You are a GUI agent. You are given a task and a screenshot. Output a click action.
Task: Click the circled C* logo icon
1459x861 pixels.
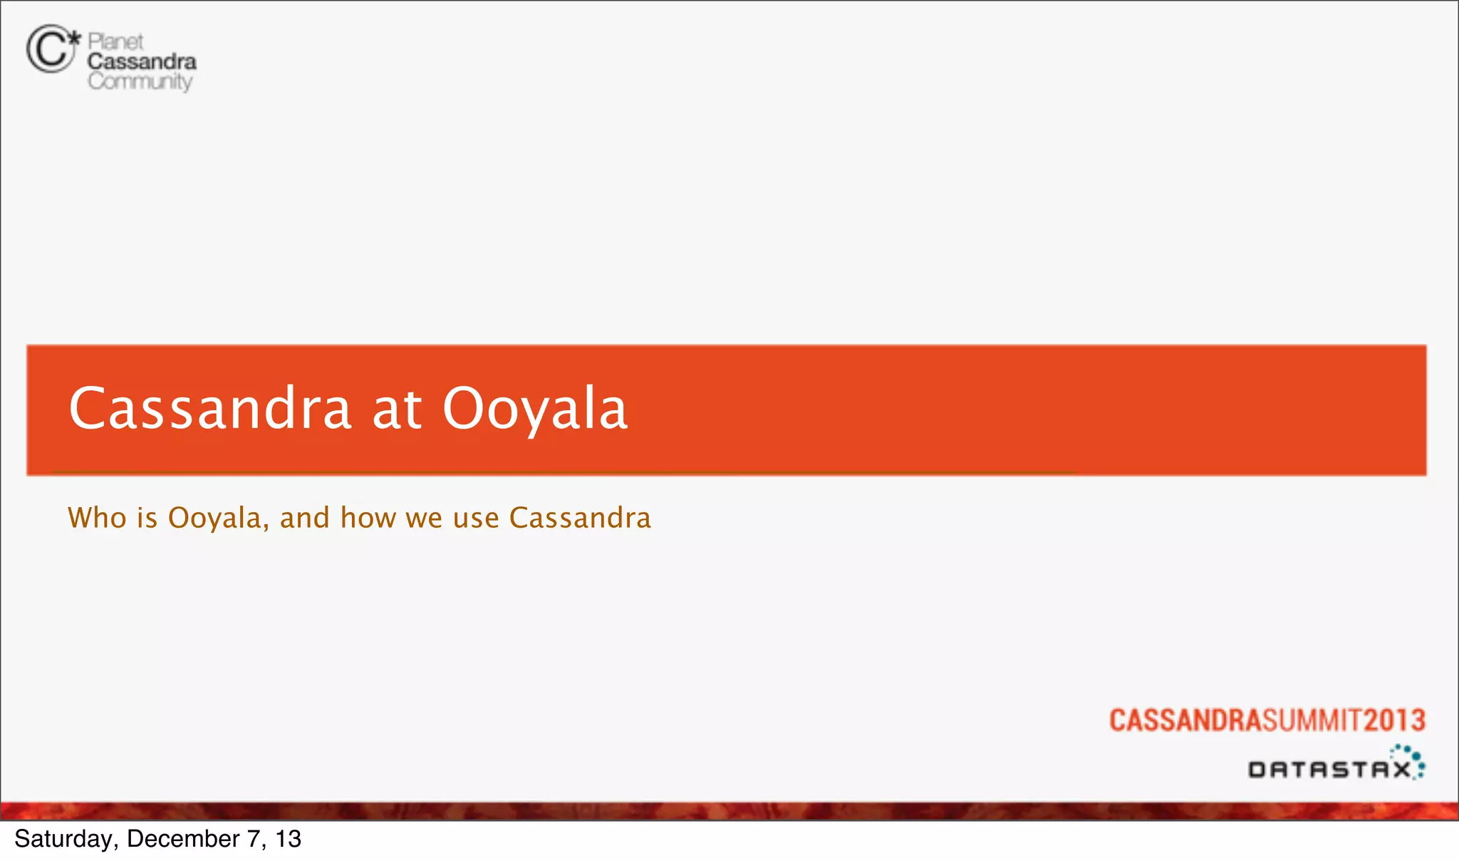click(52, 48)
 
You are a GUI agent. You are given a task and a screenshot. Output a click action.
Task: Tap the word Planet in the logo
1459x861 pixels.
click(115, 41)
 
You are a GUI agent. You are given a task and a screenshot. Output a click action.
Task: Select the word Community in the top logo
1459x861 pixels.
click(140, 82)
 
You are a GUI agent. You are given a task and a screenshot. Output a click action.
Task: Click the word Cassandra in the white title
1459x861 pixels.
click(210, 408)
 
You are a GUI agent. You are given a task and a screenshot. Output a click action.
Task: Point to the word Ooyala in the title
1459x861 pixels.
click(535, 409)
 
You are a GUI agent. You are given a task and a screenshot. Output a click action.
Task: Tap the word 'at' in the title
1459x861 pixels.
click(397, 409)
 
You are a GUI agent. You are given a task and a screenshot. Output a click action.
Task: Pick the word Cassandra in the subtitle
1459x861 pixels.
click(580, 518)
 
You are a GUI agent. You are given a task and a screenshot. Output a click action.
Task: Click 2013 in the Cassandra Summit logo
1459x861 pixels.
click(1395, 720)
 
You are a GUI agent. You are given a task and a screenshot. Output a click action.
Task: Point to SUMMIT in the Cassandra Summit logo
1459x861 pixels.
click(1313, 720)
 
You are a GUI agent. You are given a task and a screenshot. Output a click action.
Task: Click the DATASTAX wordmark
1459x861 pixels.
click(1329, 770)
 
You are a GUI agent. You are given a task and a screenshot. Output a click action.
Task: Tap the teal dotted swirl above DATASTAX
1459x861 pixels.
click(1409, 756)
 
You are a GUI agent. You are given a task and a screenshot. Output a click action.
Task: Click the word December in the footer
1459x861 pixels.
click(183, 839)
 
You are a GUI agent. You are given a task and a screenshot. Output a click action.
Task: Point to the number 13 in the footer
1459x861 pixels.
click(288, 839)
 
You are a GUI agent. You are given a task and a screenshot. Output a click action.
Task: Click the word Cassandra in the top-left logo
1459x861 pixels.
click(142, 62)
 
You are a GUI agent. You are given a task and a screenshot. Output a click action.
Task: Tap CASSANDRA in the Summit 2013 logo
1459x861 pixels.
click(1185, 720)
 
